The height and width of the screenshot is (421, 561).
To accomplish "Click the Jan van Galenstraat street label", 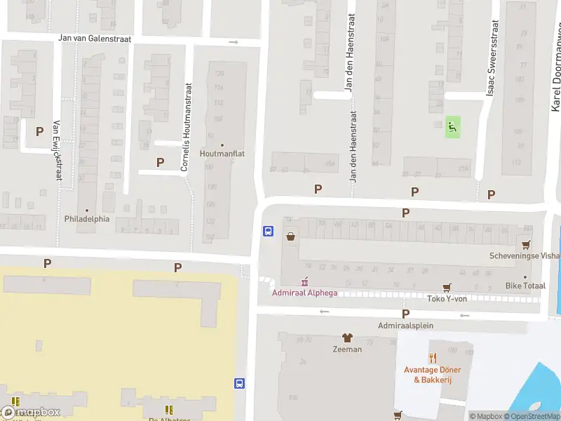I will [95, 39].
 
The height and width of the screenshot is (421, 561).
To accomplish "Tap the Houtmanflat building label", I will [222, 154].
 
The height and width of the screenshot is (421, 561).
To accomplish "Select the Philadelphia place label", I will [88, 218].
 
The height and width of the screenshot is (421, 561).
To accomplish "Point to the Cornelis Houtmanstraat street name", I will [187, 127].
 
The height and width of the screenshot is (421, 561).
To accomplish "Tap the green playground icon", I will [453, 127].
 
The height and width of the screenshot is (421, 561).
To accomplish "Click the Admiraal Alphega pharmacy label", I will [304, 293].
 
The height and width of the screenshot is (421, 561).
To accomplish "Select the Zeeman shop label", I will [347, 349].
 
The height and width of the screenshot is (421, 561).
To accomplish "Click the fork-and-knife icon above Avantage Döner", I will [433, 356].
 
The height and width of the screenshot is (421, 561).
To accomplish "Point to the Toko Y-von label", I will [447, 298].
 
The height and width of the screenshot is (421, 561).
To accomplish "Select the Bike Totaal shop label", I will [525, 286].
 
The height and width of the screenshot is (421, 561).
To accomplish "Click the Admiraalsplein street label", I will [405, 326].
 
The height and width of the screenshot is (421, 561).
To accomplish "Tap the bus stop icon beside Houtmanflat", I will [268, 231].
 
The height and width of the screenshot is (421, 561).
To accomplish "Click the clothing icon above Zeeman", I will [346, 338].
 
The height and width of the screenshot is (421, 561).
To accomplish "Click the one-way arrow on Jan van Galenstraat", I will [234, 42].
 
